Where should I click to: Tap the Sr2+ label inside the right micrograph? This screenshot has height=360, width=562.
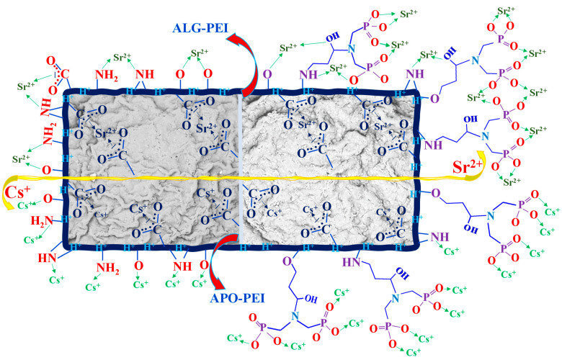coord(386,125)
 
